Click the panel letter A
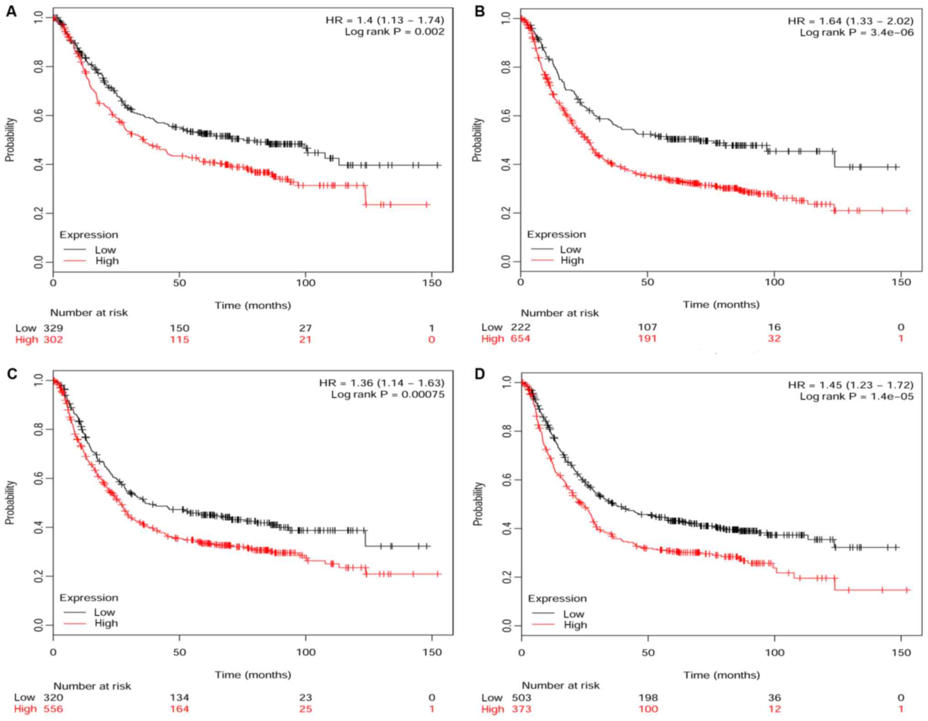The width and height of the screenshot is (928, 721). pos(11,11)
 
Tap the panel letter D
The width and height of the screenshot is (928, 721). pos(479,374)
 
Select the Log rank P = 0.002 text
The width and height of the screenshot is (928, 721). pos(394,32)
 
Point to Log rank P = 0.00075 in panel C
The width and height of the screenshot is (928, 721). pos(387,394)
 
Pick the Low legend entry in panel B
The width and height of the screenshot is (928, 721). pos(570,249)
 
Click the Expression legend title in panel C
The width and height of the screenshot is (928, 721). pos(89,598)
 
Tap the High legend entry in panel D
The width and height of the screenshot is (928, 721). pos(575,625)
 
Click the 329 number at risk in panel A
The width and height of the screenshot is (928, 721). pos(53,328)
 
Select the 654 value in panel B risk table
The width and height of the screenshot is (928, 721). pos(520,339)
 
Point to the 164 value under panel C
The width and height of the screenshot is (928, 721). pos(179,709)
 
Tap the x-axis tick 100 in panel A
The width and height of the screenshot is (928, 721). pos(305,283)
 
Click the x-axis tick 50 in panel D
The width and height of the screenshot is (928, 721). pos(648,652)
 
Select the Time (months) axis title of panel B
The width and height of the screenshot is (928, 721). pos(721,304)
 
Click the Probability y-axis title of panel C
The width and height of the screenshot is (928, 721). pos(10,502)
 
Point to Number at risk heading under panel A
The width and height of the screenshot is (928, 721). pos(89,313)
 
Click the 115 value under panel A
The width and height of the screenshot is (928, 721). pos(179,339)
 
